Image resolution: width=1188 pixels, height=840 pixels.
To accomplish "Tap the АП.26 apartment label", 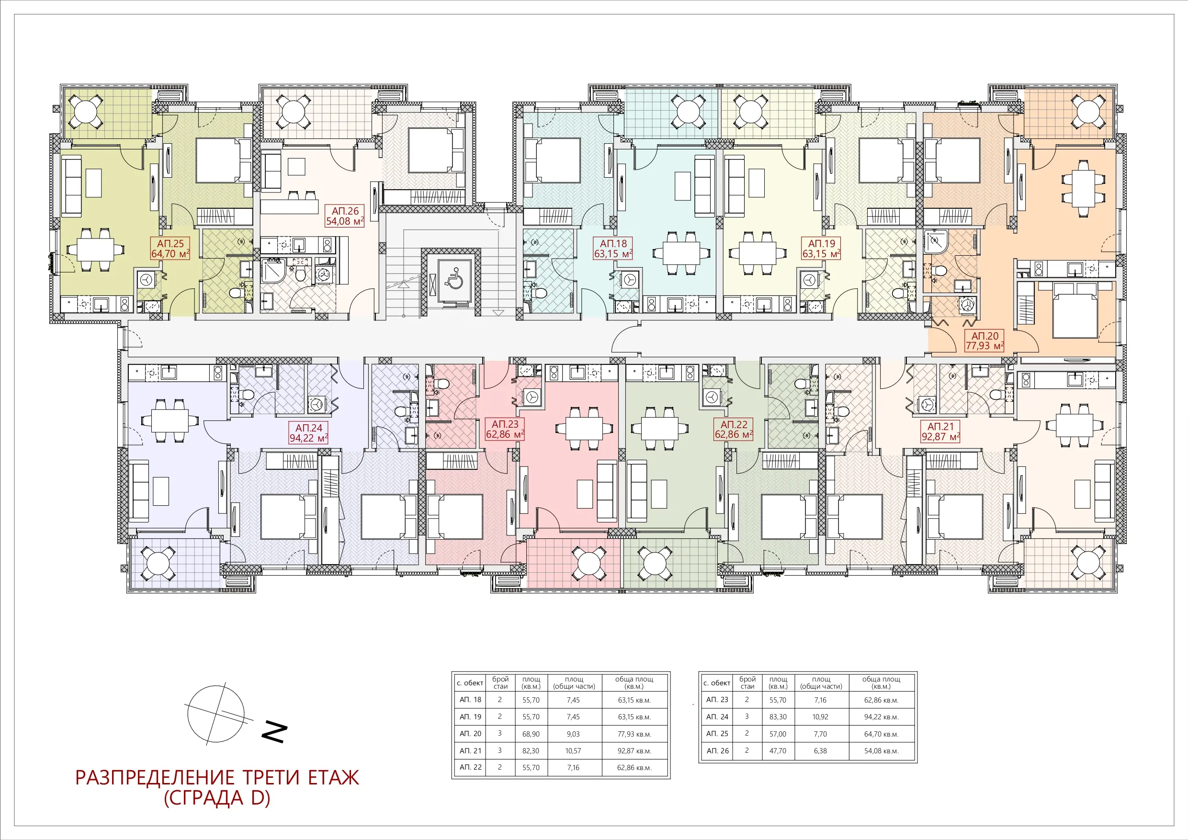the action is pyautogui.click(x=345, y=216).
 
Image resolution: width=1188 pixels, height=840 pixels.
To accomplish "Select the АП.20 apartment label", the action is pyautogui.click(x=984, y=341).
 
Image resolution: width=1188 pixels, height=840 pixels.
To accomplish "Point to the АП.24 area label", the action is pyautogui.click(x=308, y=432).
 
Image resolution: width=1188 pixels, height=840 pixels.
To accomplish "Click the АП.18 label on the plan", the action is pyautogui.click(x=613, y=249).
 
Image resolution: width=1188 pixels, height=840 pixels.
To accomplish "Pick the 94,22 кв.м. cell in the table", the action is pyautogui.click(x=881, y=717).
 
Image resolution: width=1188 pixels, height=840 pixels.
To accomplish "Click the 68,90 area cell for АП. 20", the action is pyautogui.click(x=531, y=734).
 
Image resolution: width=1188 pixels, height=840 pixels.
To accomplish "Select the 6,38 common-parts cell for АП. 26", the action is pyautogui.click(x=820, y=750).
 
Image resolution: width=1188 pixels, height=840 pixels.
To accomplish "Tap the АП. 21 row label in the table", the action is pyautogui.click(x=470, y=750).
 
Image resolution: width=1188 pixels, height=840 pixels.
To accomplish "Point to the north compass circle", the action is pyautogui.click(x=216, y=714).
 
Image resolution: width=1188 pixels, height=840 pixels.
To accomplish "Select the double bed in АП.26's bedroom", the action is pyautogui.click(x=435, y=150).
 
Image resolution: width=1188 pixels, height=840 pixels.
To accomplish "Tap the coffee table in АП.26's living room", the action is pyautogui.click(x=296, y=166).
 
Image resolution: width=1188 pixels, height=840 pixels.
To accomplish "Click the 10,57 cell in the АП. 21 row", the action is pyautogui.click(x=573, y=750).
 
